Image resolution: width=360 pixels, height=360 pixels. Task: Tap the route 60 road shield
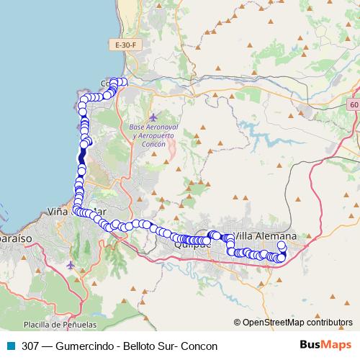pyautogui.click(x=353, y=105)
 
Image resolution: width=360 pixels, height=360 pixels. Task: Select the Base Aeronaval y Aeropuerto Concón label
pyautogui.click(x=152, y=135)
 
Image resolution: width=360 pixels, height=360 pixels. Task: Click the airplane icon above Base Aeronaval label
pyautogui.click(x=153, y=117)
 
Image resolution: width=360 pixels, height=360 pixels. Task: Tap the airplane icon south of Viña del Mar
pyautogui.click(x=70, y=266)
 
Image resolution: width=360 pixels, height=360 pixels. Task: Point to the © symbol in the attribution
pyautogui.click(x=238, y=323)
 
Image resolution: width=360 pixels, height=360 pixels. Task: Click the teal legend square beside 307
pyautogui.click(x=10, y=346)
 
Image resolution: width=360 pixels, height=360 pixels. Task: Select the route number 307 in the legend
pyautogui.click(x=30, y=346)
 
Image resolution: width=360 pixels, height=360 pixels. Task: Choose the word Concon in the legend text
pyautogui.click(x=200, y=346)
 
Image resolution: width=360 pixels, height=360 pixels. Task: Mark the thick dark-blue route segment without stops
pyautogui.click(x=82, y=156)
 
